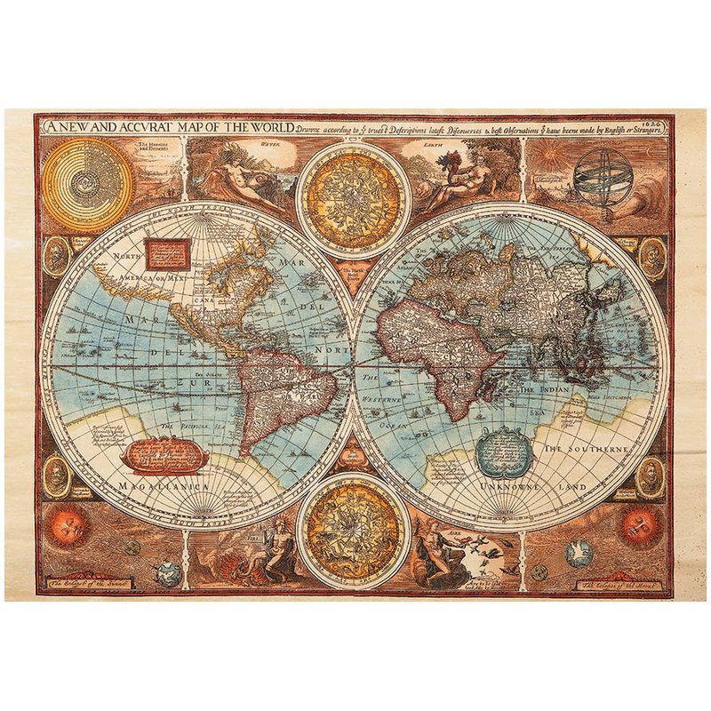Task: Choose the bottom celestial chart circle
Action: coord(353,529)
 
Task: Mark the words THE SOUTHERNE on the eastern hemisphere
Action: coord(586,451)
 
